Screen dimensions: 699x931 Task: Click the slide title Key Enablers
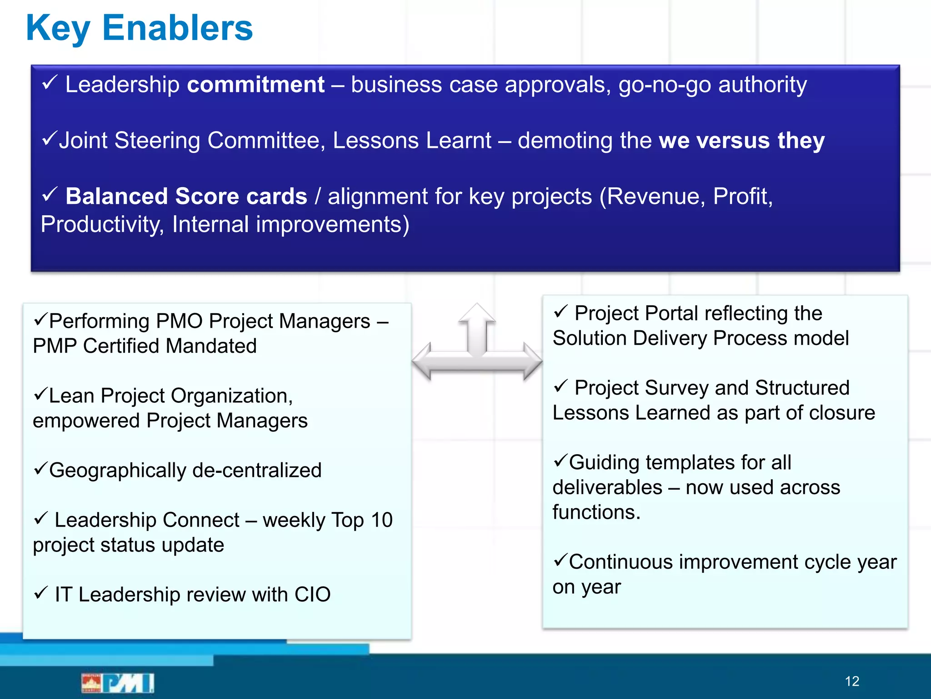[x=139, y=28]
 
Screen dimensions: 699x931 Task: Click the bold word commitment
[x=256, y=85]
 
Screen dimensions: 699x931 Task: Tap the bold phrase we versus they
[x=741, y=140]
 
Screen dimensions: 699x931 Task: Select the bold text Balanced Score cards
[x=186, y=197]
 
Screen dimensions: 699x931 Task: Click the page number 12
[x=852, y=681]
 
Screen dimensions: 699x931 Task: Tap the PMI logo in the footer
[x=118, y=683]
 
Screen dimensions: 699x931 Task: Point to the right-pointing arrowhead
[x=533, y=361]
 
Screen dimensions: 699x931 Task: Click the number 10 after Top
[x=381, y=520]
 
